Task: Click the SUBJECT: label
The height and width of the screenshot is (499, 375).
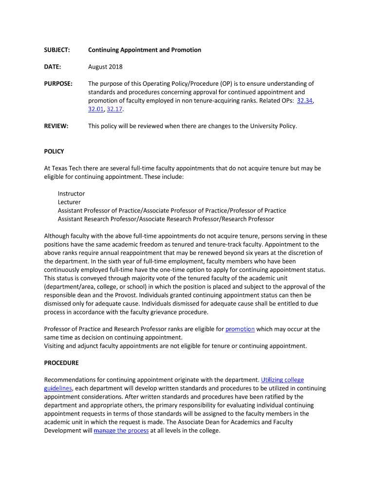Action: tap(57, 50)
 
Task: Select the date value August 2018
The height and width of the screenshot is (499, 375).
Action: tap(105, 67)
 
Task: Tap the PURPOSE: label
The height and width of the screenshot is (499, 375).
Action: tap(58, 83)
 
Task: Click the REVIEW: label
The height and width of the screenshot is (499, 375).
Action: tap(56, 126)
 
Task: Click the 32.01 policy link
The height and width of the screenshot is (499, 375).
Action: tap(96, 109)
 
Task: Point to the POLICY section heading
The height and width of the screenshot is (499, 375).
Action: tap(54, 152)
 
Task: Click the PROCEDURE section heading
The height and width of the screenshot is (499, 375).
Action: tap(61, 363)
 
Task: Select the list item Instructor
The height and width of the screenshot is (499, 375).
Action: tap(71, 193)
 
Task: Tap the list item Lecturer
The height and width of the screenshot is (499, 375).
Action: tap(69, 202)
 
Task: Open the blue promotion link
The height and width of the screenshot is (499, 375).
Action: tap(240, 329)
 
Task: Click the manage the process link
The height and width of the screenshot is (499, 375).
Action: tap(121, 431)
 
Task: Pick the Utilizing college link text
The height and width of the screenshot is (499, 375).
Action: tap(282, 380)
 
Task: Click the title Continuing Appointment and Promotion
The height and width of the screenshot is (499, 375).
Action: tap(145, 50)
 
